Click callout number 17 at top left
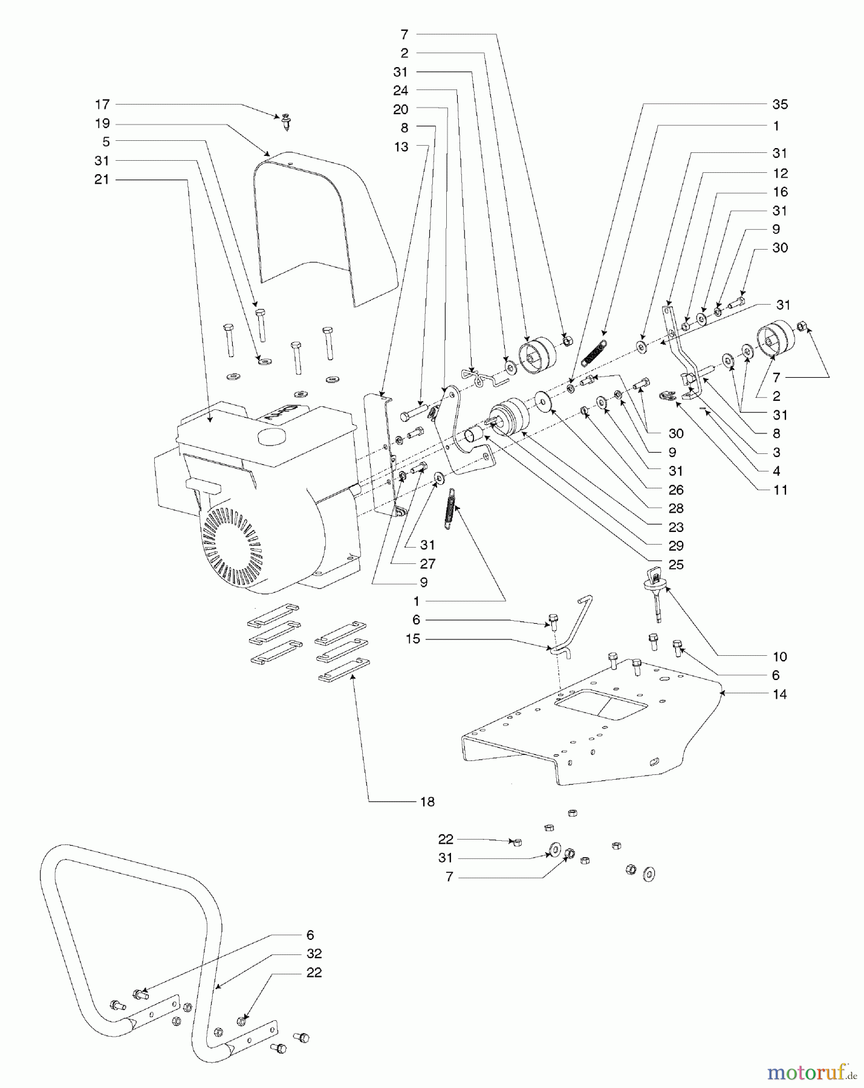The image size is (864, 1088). click(x=102, y=105)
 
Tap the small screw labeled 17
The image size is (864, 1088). click(x=286, y=123)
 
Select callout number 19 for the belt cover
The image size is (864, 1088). click(x=102, y=124)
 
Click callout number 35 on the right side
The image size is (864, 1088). click(x=780, y=105)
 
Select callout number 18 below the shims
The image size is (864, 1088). click(x=427, y=802)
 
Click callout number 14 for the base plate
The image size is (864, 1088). click(x=780, y=695)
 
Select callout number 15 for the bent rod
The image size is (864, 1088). click(x=413, y=639)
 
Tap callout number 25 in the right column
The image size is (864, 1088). click(x=676, y=565)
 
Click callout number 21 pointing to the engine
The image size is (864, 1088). click(x=102, y=180)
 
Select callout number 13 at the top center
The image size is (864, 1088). click(x=401, y=147)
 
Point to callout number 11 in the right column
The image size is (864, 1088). click(x=780, y=490)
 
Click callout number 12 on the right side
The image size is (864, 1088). click(x=780, y=173)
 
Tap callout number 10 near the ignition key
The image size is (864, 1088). click(x=780, y=657)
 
